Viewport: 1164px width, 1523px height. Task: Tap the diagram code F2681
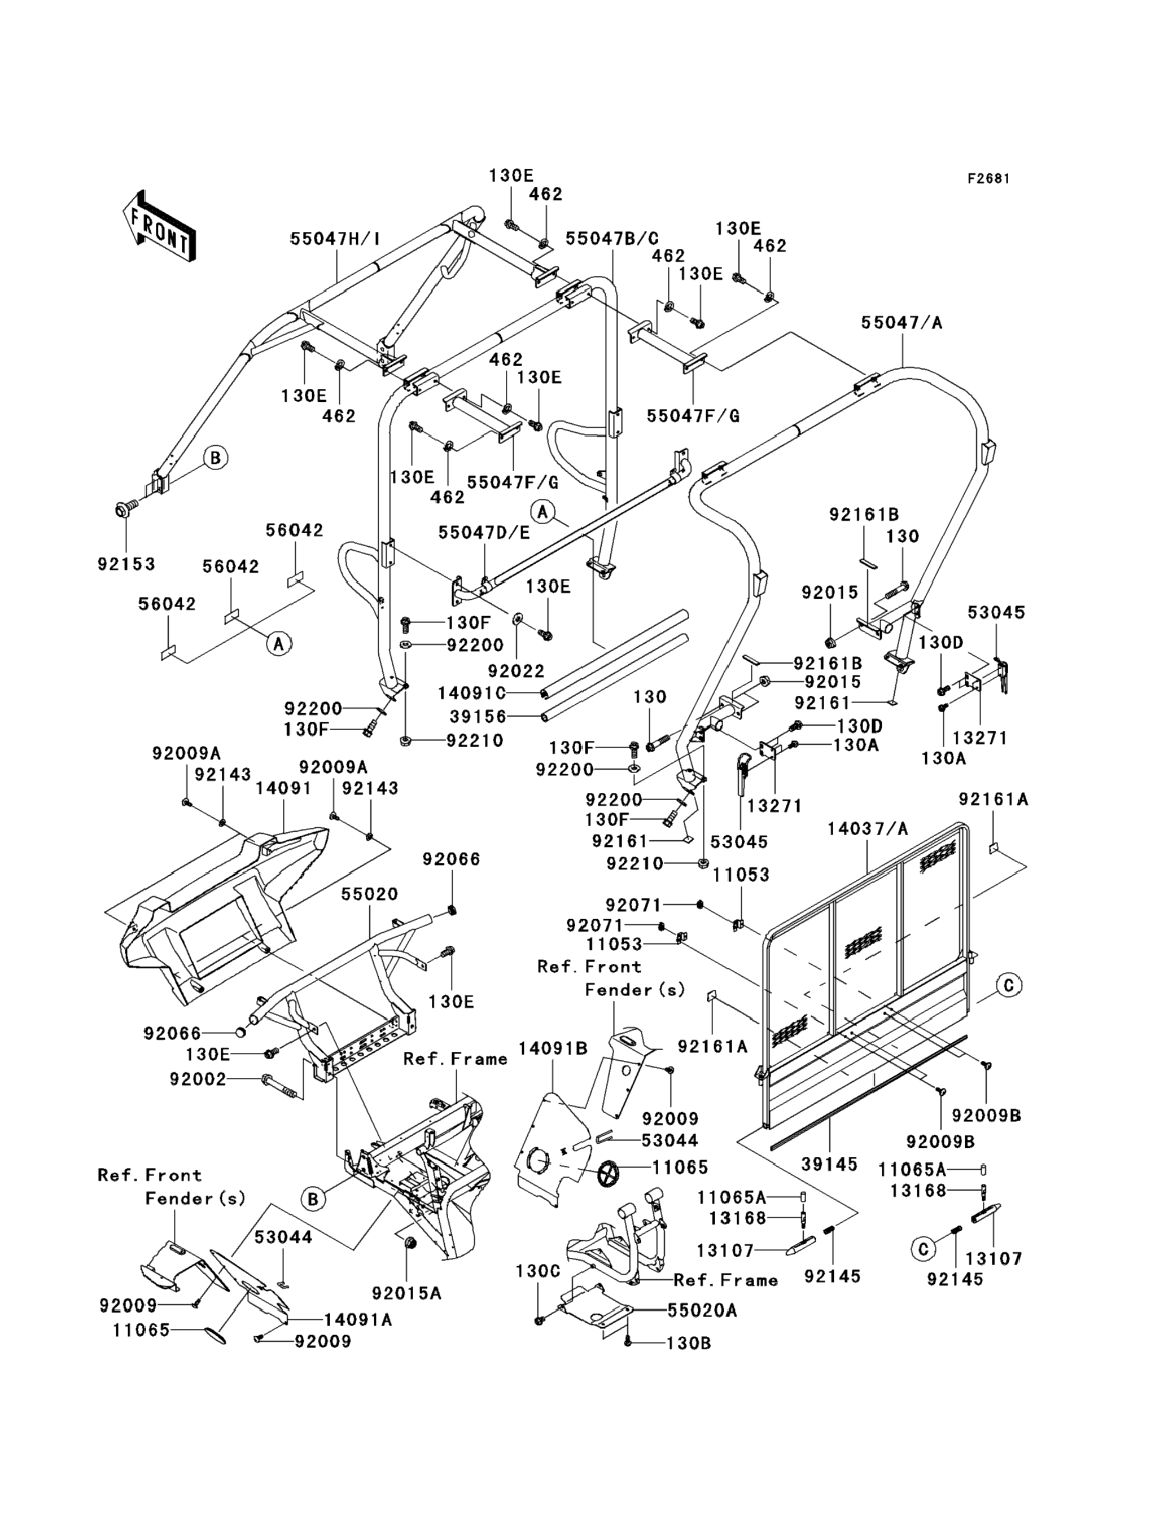pyautogui.click(x=988, y=179)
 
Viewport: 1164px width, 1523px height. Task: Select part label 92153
pyautogui.click(x=126, y=564)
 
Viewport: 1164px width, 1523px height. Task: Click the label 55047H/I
pyautogui.click(x=335, y=239)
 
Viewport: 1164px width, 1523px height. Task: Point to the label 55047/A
pyautogui.click(x=902, y=323)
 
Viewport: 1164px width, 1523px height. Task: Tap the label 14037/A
pyautogui.click(x=868, y=828)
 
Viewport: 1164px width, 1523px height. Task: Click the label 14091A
pyautogui.click(x=357, y=1320)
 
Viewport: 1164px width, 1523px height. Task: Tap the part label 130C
pyautogui.click(x=537, y=1271)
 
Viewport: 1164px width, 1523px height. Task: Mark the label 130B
pyautogui.click(x=689, y=1344)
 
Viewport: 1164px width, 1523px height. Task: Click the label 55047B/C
pyautogui.click(x=612, y=239)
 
